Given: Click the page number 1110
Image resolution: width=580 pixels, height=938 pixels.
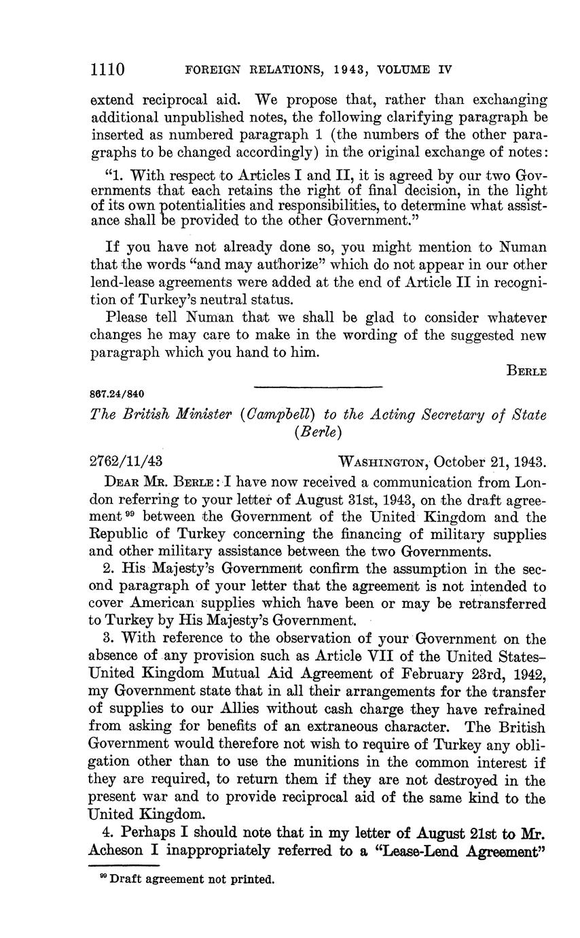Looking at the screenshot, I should [107, 69].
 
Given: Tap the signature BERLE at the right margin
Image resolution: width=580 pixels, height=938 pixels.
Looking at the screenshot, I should [526, 371].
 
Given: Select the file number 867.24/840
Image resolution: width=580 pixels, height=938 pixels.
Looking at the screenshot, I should [116, 394].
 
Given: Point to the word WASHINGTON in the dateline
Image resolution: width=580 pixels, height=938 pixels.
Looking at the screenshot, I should [382, 462].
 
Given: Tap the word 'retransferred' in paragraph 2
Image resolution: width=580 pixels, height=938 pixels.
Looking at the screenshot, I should [501, 604].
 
